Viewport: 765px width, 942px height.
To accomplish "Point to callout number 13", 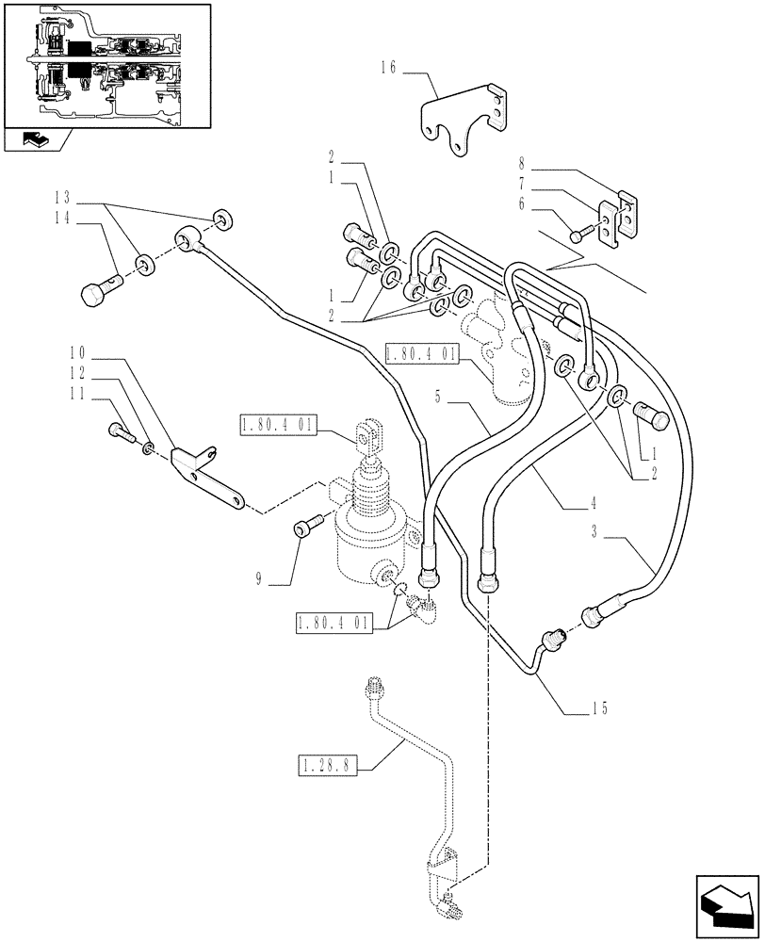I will (x=62, y=199).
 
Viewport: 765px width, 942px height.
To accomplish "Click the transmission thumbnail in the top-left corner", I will (x=103, y=63).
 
